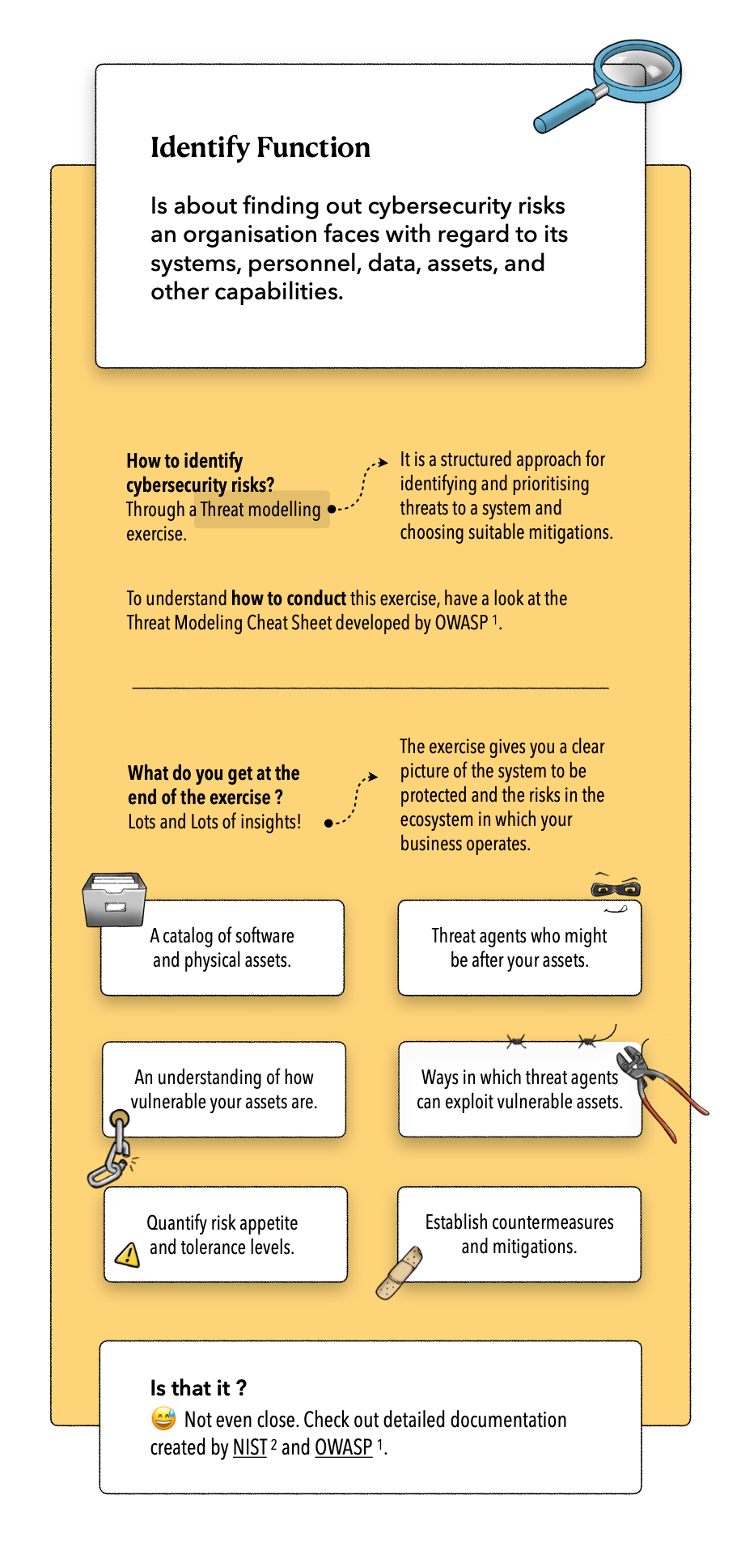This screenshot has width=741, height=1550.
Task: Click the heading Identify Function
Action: pos(260,147)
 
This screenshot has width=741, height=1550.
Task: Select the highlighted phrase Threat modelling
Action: pos(260,510)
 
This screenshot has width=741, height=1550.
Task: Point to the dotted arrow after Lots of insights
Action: pos(354,800)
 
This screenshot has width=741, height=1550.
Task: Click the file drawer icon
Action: pos(114,899)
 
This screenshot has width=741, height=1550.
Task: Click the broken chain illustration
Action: pos(111,1149)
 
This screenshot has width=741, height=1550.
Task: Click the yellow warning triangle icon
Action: pos(128,1254)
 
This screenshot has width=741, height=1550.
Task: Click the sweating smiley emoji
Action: pos(163,1418)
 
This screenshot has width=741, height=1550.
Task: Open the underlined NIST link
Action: pos(250,1447)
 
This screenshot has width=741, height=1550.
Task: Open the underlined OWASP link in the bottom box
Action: pos(344,1447)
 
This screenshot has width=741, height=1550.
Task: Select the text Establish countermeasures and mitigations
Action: pos(519,1234)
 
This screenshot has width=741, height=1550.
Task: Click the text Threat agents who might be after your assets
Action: pos(519,948)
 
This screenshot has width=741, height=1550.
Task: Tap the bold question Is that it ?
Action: pos(198,1388)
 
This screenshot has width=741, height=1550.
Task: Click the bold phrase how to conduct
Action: pos(289,599)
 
